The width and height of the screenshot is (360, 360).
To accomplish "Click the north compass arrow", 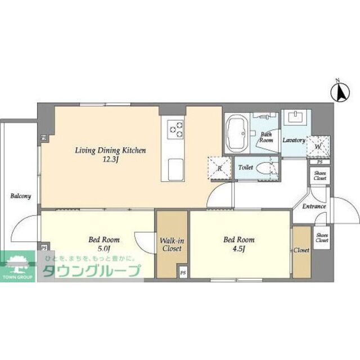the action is pos(340,92).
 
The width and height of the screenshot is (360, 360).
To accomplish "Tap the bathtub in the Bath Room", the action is pos(237,133).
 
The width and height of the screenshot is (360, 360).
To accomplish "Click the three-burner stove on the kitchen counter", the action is pos(175,129).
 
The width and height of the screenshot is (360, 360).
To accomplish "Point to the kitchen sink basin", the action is pos(175,169).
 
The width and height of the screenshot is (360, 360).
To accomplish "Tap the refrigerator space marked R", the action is pos(219,168).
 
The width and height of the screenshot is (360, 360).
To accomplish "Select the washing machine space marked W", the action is pos(318,146).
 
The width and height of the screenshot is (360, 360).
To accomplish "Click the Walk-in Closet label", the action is pos(172,245).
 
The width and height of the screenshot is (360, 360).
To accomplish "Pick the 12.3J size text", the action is pos(110,160).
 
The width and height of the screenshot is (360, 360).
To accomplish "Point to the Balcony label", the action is pos(21,196).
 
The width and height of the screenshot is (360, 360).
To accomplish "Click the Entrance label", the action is pos(314,206).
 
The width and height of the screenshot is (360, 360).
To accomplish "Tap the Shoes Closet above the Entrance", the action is pos(320,175).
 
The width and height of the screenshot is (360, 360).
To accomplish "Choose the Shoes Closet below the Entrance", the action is pos(322,237).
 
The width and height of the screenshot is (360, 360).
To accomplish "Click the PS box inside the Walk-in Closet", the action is pos(183,273).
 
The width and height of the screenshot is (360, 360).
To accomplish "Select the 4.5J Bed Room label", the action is pos(239,244).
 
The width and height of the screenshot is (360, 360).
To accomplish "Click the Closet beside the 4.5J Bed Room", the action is pos(301,252).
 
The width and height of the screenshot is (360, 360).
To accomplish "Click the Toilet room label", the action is pos(245,168).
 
